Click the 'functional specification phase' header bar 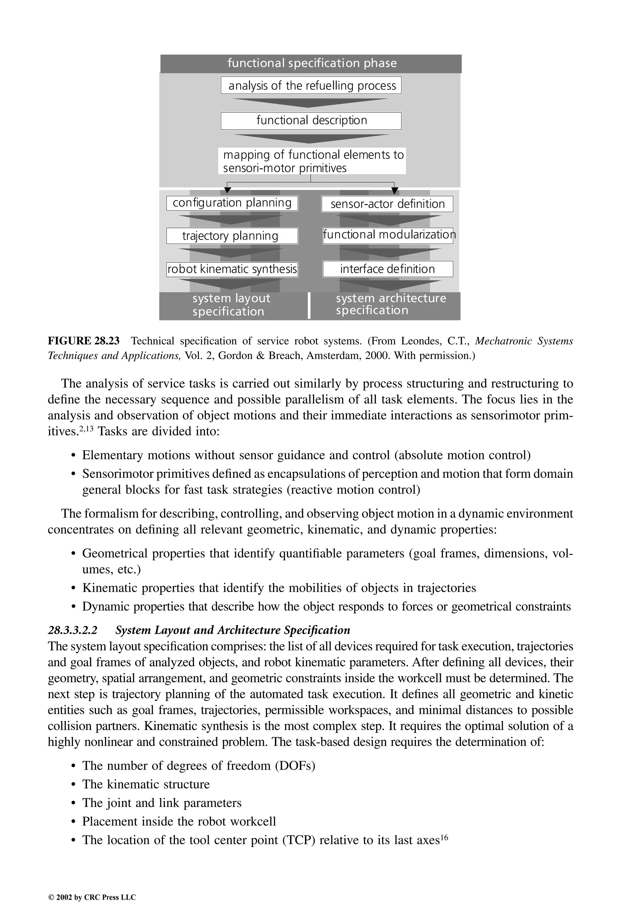pos(311,63)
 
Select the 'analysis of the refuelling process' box pos(311,86)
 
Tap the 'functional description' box pos(311,120)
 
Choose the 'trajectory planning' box pos(232,236)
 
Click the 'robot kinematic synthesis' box pos(232,269)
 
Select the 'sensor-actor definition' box pos(387,204)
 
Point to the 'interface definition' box pos(388,269)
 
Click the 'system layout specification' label pos(231,305)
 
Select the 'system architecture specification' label pos(390,304)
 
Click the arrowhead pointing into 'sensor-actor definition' pos(394,191)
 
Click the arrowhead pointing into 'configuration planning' pos(227,191)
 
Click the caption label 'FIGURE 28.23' pos(84,341)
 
